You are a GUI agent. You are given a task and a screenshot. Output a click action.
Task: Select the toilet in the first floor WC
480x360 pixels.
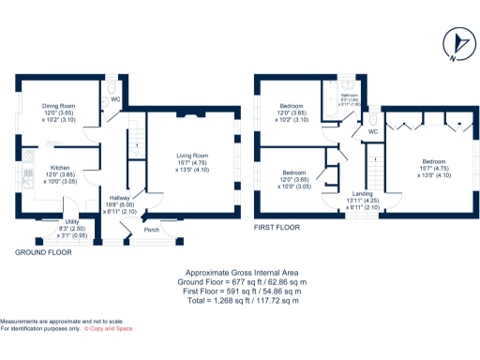pos(373,120)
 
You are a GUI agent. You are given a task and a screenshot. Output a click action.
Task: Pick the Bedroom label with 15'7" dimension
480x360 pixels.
pos(433,159)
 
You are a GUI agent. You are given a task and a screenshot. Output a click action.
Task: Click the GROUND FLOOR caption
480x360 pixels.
pos(44,252)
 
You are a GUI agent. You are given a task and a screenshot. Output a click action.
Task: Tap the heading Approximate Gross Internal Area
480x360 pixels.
pos(239,272)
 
